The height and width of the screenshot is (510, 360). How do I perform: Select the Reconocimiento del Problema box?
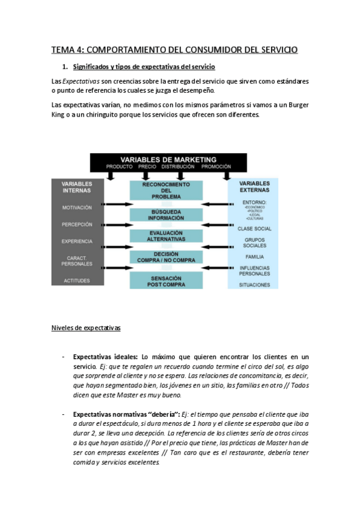pos(166,190)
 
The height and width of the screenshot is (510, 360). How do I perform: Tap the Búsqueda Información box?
pos(166,215)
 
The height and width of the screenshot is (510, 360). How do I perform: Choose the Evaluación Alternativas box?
pos(166,236)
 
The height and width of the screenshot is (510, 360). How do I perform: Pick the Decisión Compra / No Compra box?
pos(166,257)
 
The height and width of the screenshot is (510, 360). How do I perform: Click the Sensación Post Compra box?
pos(166,280)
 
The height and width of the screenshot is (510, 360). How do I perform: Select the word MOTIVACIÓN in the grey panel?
pos(77,207)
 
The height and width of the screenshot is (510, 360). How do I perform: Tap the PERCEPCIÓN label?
pos(77,224)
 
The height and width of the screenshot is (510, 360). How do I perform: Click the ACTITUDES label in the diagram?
pos(77,281)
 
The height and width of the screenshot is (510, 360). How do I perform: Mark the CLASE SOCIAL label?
pos(254,229)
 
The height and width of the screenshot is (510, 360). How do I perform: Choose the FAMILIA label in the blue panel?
pos(254,257)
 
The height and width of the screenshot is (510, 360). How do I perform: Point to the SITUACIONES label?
pos(254,284)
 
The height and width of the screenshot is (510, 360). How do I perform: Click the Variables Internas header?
pos(77,186)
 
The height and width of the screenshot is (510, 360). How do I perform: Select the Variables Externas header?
pos(254,186)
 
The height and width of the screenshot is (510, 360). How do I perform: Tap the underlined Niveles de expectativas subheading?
pos(86,328)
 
